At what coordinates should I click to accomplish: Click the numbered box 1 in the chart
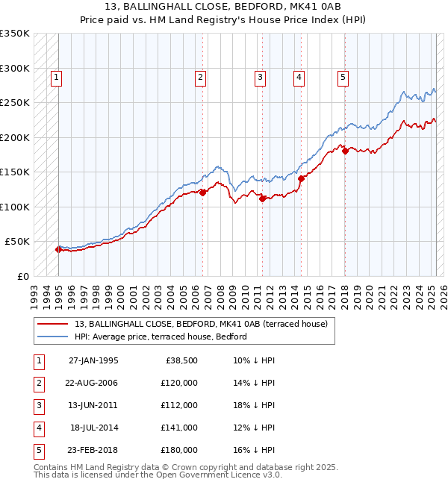click(x=57, y=76)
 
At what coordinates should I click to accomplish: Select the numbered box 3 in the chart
click(x=260, y=76)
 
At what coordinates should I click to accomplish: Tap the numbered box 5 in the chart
click(x=343, y=76)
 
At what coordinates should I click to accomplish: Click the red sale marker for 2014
click(x=301, y=178)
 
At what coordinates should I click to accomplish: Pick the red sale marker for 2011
click(x=263, y=198)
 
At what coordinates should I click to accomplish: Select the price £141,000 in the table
click(x=179, y=428)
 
